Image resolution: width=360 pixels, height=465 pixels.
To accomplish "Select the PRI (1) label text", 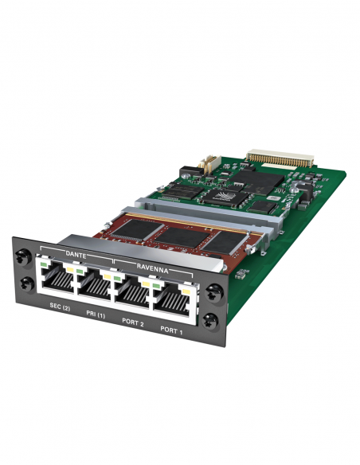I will pyautogui.click(x=96, y=315).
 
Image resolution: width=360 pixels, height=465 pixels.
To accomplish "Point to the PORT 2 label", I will pyautogui.click(x=133, y=322).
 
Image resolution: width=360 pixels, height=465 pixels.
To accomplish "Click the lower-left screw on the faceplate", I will pyautogui.click(x=25, y=283).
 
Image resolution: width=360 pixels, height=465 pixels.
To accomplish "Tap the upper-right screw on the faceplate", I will pyautogui.click(x=212, y=292).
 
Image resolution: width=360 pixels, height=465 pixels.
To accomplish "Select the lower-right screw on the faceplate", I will pyautogui.click(x=212, y=322).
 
